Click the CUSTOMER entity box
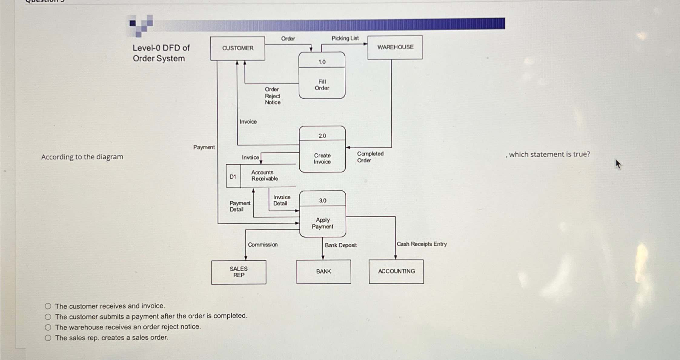coord(237,48)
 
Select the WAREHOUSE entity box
coord(395,47)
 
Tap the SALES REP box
coord(239,272)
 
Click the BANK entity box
coord(323,272)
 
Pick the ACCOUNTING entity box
coord(396,271)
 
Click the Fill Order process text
coord(322,85)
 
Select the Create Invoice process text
coord(322,158)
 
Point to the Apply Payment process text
coord(323,223)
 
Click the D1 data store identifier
coord(233,176)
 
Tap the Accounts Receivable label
coord(264,175)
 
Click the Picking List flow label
coord(345,38)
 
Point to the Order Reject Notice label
coord(272,96)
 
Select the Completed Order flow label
coord(370,157)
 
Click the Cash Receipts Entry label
coord(421,244)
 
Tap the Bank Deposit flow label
coord(340,245)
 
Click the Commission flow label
coord(263,245)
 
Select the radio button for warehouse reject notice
coord(48,327)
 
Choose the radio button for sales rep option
coord(48,338)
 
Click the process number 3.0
coord(323,201)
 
